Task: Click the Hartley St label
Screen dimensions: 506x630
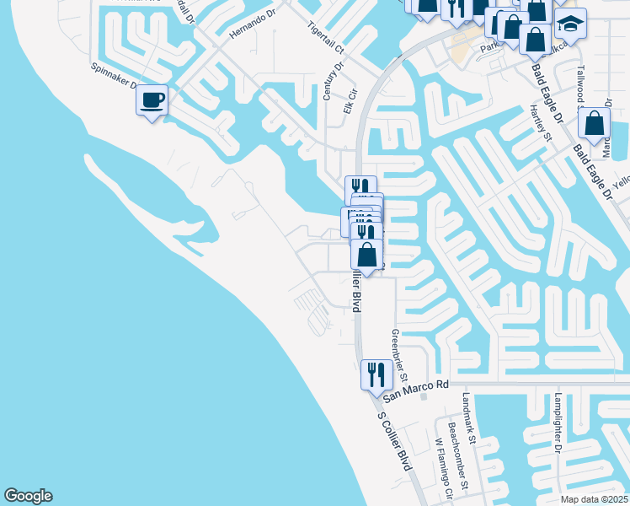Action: click(x=539, y=123)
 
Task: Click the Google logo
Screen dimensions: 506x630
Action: click(x=28, y=496)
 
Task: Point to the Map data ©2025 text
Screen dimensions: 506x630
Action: click(x=594, y=499)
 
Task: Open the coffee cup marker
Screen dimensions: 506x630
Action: click(x=152, y=100)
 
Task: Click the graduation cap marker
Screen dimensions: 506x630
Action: click(x=571, y=22)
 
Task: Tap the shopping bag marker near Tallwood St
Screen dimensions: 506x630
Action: click(x=595, y=123)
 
